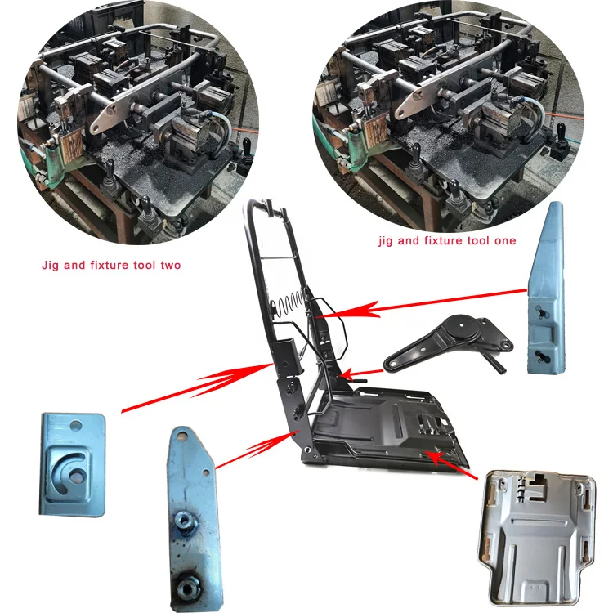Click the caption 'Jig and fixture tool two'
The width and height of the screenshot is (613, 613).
pyautogui.click(x=111, y=266)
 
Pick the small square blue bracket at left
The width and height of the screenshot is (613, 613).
pyautogui.click(x=74, y=463)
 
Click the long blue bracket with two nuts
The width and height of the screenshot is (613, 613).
pyautogui.click(x=191, y=516)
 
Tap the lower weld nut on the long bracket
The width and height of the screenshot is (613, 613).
pyautogui.click(x=190, y=584)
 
